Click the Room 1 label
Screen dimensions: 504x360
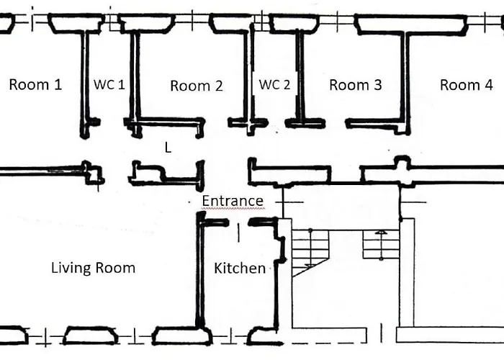(x=35, y=84)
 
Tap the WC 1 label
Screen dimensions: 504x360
(x=109, y=84)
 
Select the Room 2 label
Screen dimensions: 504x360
(x=197, y=86)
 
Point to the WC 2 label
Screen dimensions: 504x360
(x=274, y=84)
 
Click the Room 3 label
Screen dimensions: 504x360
(x=356, y=85)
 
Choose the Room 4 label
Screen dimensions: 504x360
(x=466, y=85)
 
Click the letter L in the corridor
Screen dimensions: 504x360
(x=168, y=148)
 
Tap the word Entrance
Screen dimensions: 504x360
(x=233, y=201)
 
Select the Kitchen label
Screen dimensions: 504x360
(x=240, y=268)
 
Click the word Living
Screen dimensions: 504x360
(x=71, y=268)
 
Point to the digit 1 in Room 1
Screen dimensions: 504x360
(x=57, y=84)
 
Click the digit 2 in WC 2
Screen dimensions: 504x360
(x=286, y=84)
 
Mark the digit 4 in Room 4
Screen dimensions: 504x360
(x=488, y=85)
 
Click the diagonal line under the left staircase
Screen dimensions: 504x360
(x=310, y=267)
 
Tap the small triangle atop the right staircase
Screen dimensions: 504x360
(x=381, y=232)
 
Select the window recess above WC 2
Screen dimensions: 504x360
(x=294, y=23)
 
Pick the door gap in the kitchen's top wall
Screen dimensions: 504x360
(x=238, y=222)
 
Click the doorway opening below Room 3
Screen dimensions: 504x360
(x=336, y=123)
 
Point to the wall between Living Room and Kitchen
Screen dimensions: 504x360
(x=200, y=270)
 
